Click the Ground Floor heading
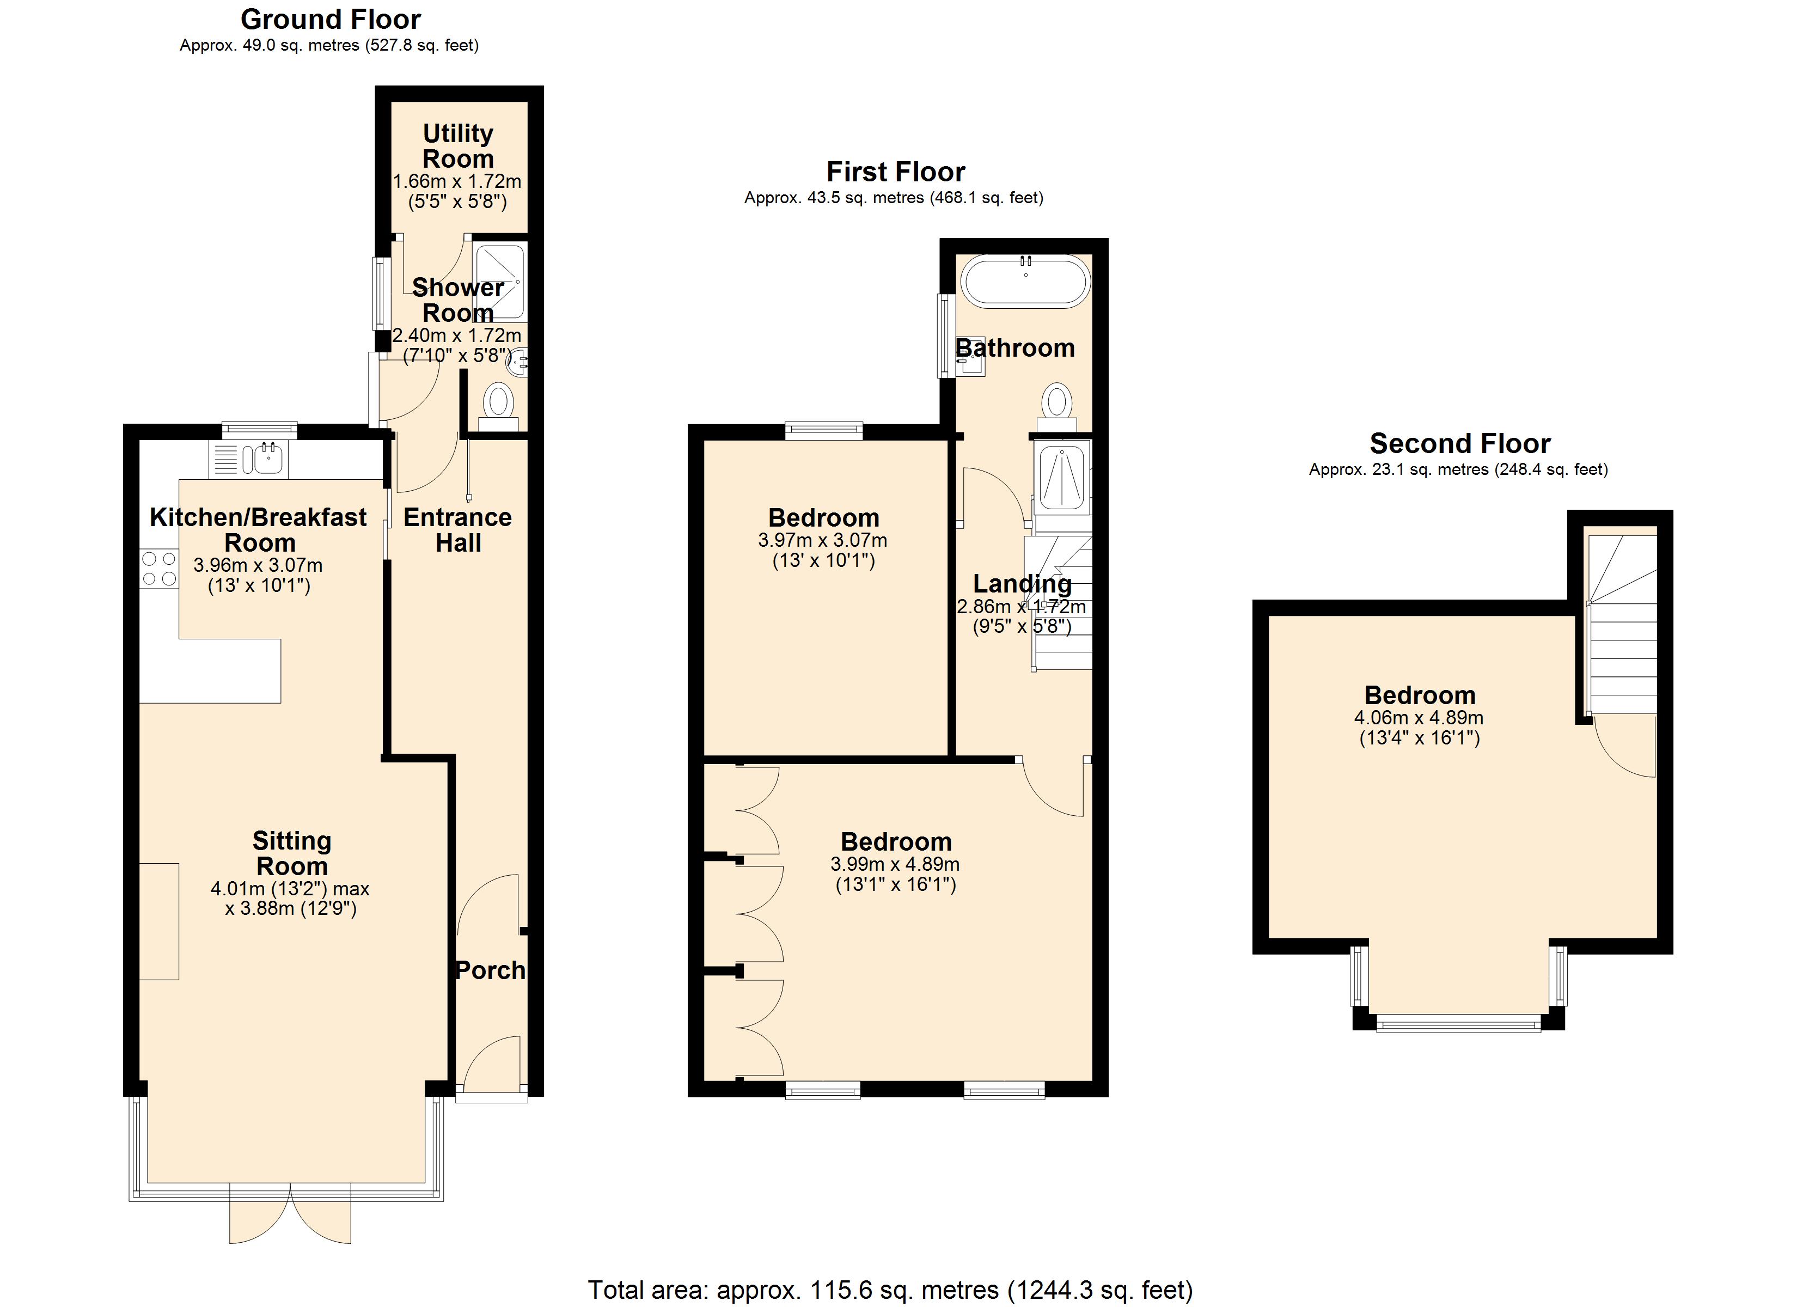(331, 19)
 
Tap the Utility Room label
(458, 146)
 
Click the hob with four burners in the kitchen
(159, 569)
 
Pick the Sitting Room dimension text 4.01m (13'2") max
(290, 889)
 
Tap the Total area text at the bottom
(890, 1290)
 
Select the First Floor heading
(895, 171)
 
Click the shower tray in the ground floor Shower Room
(500, 282)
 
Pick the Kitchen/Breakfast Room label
(258, 529)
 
